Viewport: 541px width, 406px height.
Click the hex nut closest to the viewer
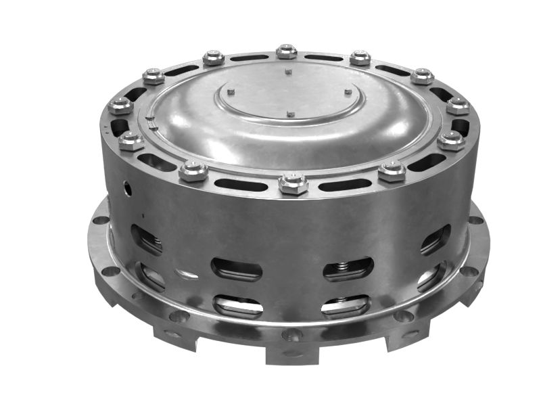[x=293, y=183]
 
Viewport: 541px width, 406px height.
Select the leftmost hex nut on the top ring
[x=120, y=106]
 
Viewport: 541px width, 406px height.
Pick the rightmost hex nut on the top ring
[x=458, y=106]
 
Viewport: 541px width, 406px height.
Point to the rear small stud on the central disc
[x=288, y=70]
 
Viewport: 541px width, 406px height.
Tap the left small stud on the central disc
[x=231, y=91]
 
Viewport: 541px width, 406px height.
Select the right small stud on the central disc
[x=348, y=92]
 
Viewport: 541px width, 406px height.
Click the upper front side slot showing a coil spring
[x=348, y=269]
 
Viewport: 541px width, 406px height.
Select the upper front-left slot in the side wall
[x=236, y=269]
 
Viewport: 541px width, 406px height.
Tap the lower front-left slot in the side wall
[x=238, y=307]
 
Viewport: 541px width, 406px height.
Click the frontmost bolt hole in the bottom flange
[x=292, y=334]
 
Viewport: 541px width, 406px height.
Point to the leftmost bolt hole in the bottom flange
[x=100, y=220]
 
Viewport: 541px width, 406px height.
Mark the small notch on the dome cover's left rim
[x=153, y=124]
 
